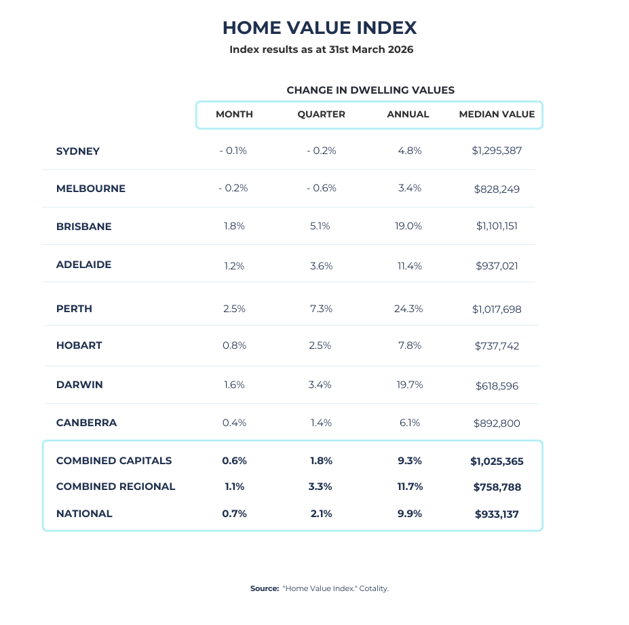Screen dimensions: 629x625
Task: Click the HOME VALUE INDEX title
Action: coord(320,28)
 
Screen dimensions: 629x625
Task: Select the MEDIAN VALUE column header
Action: coord(497,114)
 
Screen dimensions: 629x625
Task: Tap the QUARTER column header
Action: coord(322,114)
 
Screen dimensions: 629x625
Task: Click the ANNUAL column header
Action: coord(408,114)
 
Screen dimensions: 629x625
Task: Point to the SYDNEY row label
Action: coord(78,151)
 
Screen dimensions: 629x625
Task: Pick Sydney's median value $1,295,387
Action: coord(497,151)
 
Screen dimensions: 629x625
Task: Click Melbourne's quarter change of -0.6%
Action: coord(322,188)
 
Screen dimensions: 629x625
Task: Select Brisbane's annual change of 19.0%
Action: coord(408,226)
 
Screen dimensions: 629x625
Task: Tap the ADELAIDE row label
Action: coord(84,265)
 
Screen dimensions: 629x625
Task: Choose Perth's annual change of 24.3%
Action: coord(408,309)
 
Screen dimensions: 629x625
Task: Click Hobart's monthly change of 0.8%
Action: coord(234,345)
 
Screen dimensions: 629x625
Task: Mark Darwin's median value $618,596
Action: coord(497,386)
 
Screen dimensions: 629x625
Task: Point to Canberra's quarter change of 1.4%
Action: coord(322,423)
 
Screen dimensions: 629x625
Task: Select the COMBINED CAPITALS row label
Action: coord(114,461)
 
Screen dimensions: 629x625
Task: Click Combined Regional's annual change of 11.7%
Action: coord(410,487)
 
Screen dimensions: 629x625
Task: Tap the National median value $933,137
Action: coord(497,514)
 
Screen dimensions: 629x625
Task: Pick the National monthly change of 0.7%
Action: coord(234,514)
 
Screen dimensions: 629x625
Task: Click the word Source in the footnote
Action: coord(265,588)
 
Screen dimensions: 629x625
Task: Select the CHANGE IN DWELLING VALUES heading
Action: coord(370,90)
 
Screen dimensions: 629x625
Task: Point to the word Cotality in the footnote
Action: coord(374,589)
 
